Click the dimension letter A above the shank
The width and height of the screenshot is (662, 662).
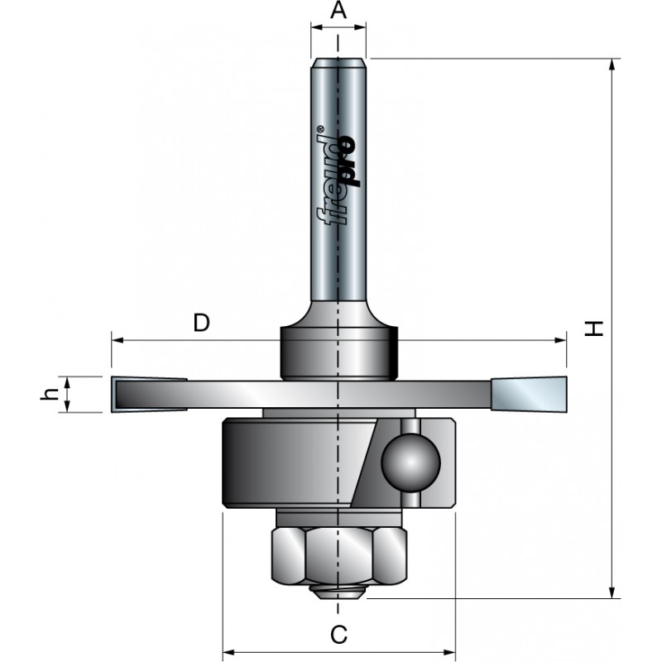(338, 11)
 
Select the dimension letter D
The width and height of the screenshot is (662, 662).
(201, 322)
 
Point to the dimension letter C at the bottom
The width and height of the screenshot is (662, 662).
(338, 635)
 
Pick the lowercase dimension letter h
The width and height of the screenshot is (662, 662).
(48, 394)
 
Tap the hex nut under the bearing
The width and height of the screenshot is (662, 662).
(338, 555)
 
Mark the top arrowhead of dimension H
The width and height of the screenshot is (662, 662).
(612, 65)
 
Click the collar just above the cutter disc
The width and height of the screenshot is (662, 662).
(338, 352)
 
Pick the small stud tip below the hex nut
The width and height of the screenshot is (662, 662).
(338, 591)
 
